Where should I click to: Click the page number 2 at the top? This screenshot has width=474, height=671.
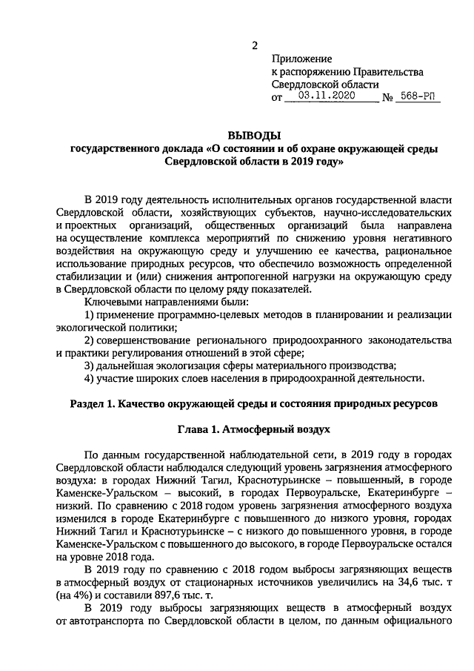[x=254, y=45]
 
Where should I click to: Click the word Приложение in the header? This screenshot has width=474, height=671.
[x=301, y=59]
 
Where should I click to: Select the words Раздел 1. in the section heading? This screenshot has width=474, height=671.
[x=94, y=404]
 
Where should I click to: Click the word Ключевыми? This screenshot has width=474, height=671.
[x=112, y=303]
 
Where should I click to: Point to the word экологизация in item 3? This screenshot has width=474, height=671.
[x=187, y=366]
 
